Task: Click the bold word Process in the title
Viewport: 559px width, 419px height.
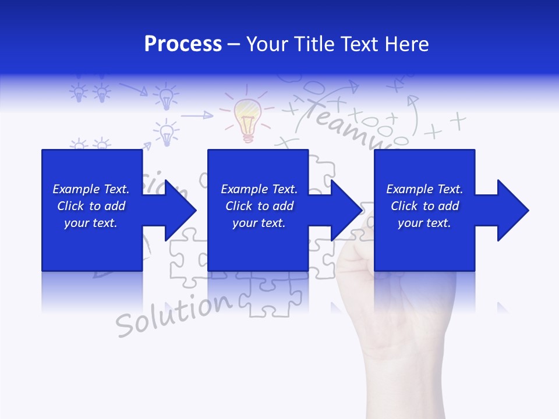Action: tap(183, 44)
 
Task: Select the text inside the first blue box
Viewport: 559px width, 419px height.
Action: tap(91, 206)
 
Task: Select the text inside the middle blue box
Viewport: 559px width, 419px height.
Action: tap(259, 206)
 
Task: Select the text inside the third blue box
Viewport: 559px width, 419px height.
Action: tap(424, 206)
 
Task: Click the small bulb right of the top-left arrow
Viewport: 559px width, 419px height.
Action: tap(167, 96)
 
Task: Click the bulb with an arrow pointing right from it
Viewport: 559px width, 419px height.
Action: tap(168, 132)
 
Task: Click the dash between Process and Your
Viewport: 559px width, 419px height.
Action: tap(233, 44)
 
